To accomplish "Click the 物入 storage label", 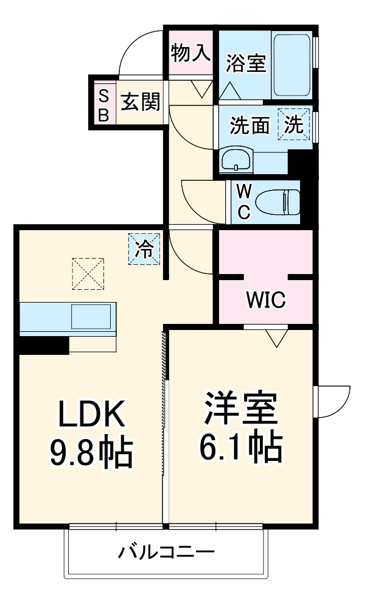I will [x=190, y=54].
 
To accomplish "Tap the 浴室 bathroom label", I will [x=246, y=63].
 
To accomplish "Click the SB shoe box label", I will [x=103, y=105].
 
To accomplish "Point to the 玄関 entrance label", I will [x=139, y=102].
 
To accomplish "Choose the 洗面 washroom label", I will [x=250, y=125].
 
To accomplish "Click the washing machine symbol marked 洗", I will [x=294, y=125].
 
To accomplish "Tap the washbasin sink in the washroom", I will [x=237, y=160].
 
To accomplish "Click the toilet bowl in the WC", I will [x=278, y=202].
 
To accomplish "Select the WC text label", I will [x=243, y=202].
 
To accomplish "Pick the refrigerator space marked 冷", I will [x=145, y=249].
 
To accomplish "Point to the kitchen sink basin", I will [x=92, y=317].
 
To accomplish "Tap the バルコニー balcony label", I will [x=166, y=553].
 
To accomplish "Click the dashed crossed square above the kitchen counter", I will [x=88, y=274].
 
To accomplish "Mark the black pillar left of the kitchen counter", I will [x=43, y=345].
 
